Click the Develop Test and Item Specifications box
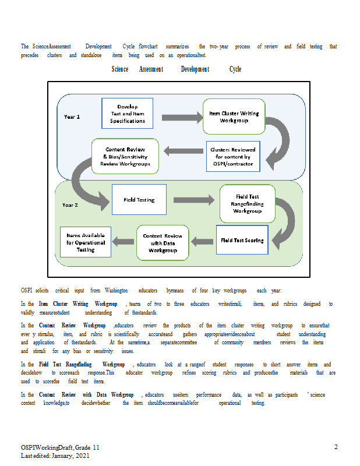click(127, 113)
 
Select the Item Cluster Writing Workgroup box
click(234, 116)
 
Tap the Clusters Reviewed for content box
click(233, 156)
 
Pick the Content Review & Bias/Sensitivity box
click(125, 156)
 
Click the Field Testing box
click(139, 199)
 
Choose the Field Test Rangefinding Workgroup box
click(248, 203)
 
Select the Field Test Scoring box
click(242, 240)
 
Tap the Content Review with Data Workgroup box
click(163, 243)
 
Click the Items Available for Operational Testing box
click(86, 242)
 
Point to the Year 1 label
click(72, 117)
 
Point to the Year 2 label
click(70, 205)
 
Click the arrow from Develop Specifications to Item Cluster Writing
click(182, 118)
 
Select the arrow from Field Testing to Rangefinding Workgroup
click(194, 200)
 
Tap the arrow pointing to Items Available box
click(123, 242)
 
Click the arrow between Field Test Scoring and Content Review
click(202, 242)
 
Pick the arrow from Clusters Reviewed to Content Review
click(183, 151)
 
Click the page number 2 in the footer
click(336, 447)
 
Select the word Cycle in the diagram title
click(235, 69)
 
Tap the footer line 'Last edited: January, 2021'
click(55, 456)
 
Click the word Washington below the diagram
click(117, 290)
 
